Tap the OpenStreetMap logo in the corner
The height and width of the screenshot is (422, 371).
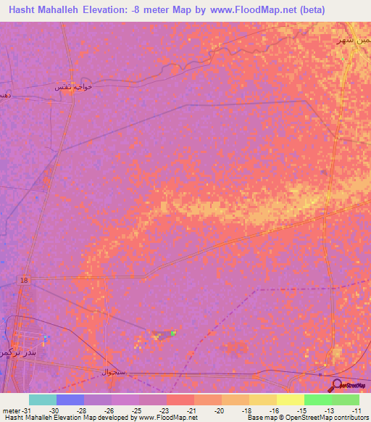coord(349,385)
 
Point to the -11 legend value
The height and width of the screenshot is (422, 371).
coord(357,410)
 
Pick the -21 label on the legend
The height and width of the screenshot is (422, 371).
coord(191,410)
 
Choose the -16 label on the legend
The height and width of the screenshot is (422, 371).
coord(274,410)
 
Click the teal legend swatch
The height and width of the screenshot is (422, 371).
coord(42,400)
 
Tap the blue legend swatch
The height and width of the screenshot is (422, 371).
coord(70,400)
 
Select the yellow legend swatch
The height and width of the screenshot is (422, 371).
coord(290,400)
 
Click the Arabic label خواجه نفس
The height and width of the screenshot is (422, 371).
coord(75,87)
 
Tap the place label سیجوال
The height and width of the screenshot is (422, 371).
coord(114,371)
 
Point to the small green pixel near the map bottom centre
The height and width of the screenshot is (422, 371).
coord(173,333)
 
